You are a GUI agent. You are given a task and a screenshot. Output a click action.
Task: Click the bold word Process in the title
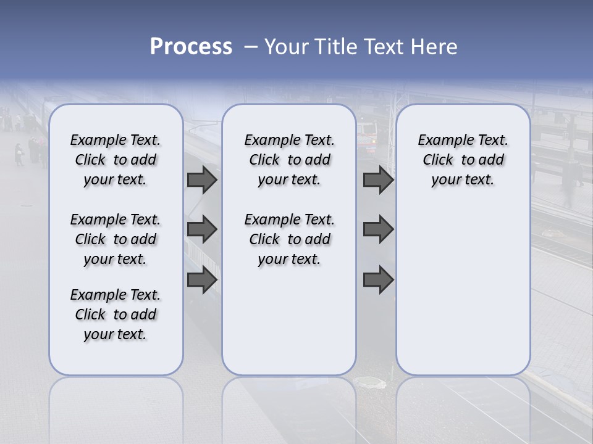click(x=191, y=47)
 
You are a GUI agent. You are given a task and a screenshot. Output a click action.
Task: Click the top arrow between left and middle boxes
click(x=202, y=179)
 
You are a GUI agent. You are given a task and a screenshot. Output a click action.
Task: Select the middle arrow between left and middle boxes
click(x=202, y=229)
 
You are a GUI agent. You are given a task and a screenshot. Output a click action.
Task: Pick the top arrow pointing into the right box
click(x=378, y=179)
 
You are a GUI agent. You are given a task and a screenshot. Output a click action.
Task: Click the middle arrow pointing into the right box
click(x=378, y=229)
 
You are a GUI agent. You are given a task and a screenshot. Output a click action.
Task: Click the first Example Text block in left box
click(x=116, y=160)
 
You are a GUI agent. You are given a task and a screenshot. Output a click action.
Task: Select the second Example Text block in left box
click(x=116, y=239)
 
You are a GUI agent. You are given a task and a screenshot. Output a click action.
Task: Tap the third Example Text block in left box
click(x=116, y=314)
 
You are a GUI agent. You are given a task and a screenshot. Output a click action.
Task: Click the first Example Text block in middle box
click(x=289, y=160)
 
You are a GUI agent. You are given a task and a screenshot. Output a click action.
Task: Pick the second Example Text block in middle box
click(x=289, y=239)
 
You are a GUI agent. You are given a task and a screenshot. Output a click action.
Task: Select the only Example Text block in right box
click(x=463, y=160)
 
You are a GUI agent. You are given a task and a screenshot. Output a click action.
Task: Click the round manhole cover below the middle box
click(x=372, y=384)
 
